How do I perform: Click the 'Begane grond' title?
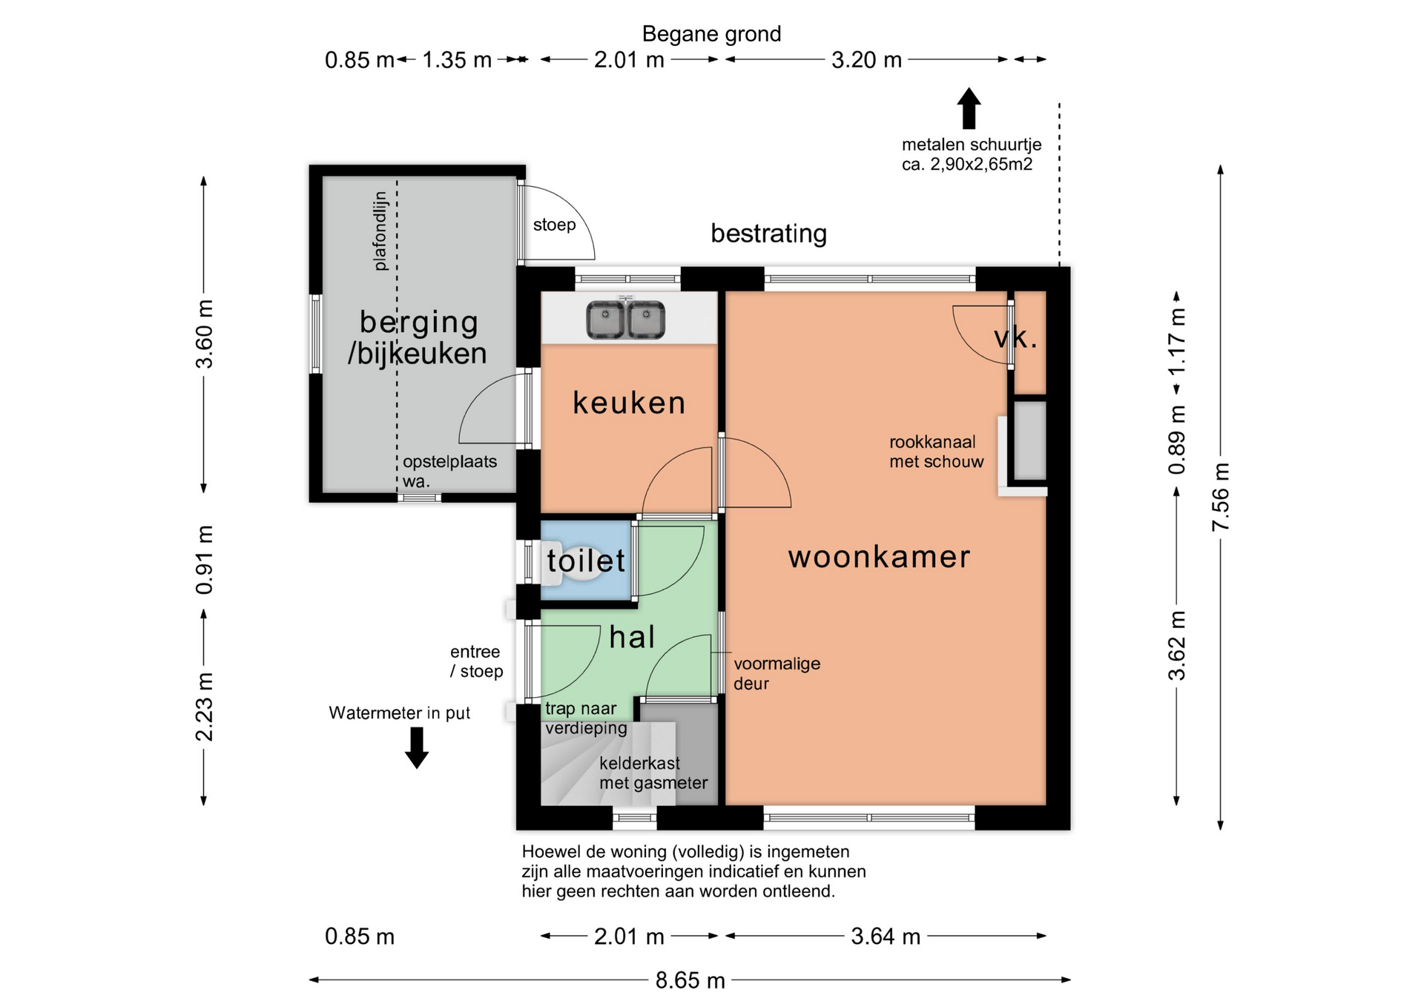tap(711, 34)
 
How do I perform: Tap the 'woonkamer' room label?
tap(879, 557)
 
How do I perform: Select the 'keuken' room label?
tap(629, 403)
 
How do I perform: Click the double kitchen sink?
tap(626, 320)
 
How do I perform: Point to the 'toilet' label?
tap(586, 561)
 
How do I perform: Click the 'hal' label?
tap(632, 637)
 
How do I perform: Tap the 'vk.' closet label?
tap(1015, 338)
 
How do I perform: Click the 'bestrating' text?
tap(768, 234)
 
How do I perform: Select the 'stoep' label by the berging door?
tap(554, 225)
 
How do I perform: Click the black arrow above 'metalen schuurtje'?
tap(969, 108)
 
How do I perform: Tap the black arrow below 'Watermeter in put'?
tap(417, 747)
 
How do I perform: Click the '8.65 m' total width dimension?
tap(690, 980)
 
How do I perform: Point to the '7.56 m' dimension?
tap(1221, 497)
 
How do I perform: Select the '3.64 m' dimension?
tap(886, 937)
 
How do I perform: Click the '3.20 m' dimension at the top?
tap(866, 60)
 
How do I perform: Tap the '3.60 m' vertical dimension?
tap(204, 334)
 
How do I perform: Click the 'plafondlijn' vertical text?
tap(380, 231)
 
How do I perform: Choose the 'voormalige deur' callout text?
tap(777, 673)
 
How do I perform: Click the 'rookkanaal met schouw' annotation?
tap(936, 452)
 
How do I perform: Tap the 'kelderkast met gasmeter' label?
tap(653, 773)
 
